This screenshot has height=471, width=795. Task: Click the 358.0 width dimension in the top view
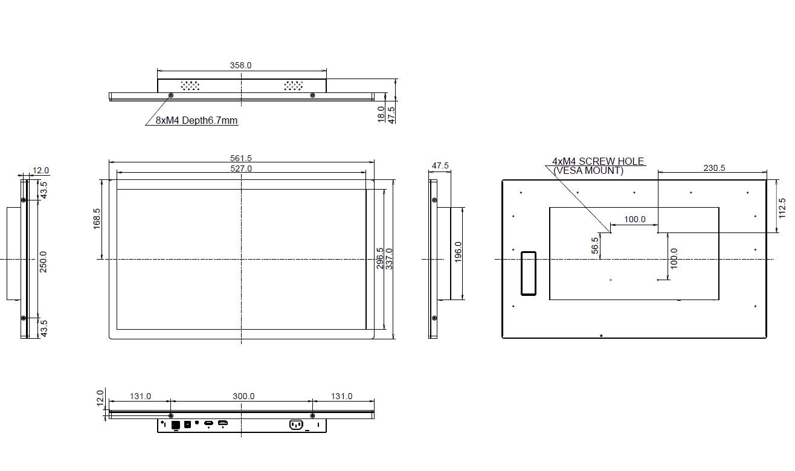240,65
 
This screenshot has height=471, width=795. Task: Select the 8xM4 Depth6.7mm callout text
197,120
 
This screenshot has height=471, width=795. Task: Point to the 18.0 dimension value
381,114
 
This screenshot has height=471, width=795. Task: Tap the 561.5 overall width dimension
240,159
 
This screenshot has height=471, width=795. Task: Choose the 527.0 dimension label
240,168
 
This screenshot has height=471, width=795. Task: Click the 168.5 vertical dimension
97,219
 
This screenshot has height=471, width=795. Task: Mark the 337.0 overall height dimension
390,258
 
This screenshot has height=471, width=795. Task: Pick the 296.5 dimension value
380,258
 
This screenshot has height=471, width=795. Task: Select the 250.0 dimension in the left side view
43,261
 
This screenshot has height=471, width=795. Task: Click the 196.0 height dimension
458,252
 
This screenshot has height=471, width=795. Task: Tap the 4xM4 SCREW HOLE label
598,161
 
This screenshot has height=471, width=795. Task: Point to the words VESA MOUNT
588,171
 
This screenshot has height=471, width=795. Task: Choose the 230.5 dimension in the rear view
714,168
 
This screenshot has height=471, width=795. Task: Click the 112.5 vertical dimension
782,208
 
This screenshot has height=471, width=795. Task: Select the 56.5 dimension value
595,245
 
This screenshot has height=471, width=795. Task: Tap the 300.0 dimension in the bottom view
243,396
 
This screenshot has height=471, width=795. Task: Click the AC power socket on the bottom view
296,425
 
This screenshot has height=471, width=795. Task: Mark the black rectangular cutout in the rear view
528,273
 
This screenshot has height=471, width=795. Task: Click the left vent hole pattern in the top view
190,86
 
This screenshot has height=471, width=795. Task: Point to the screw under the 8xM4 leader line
170,95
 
